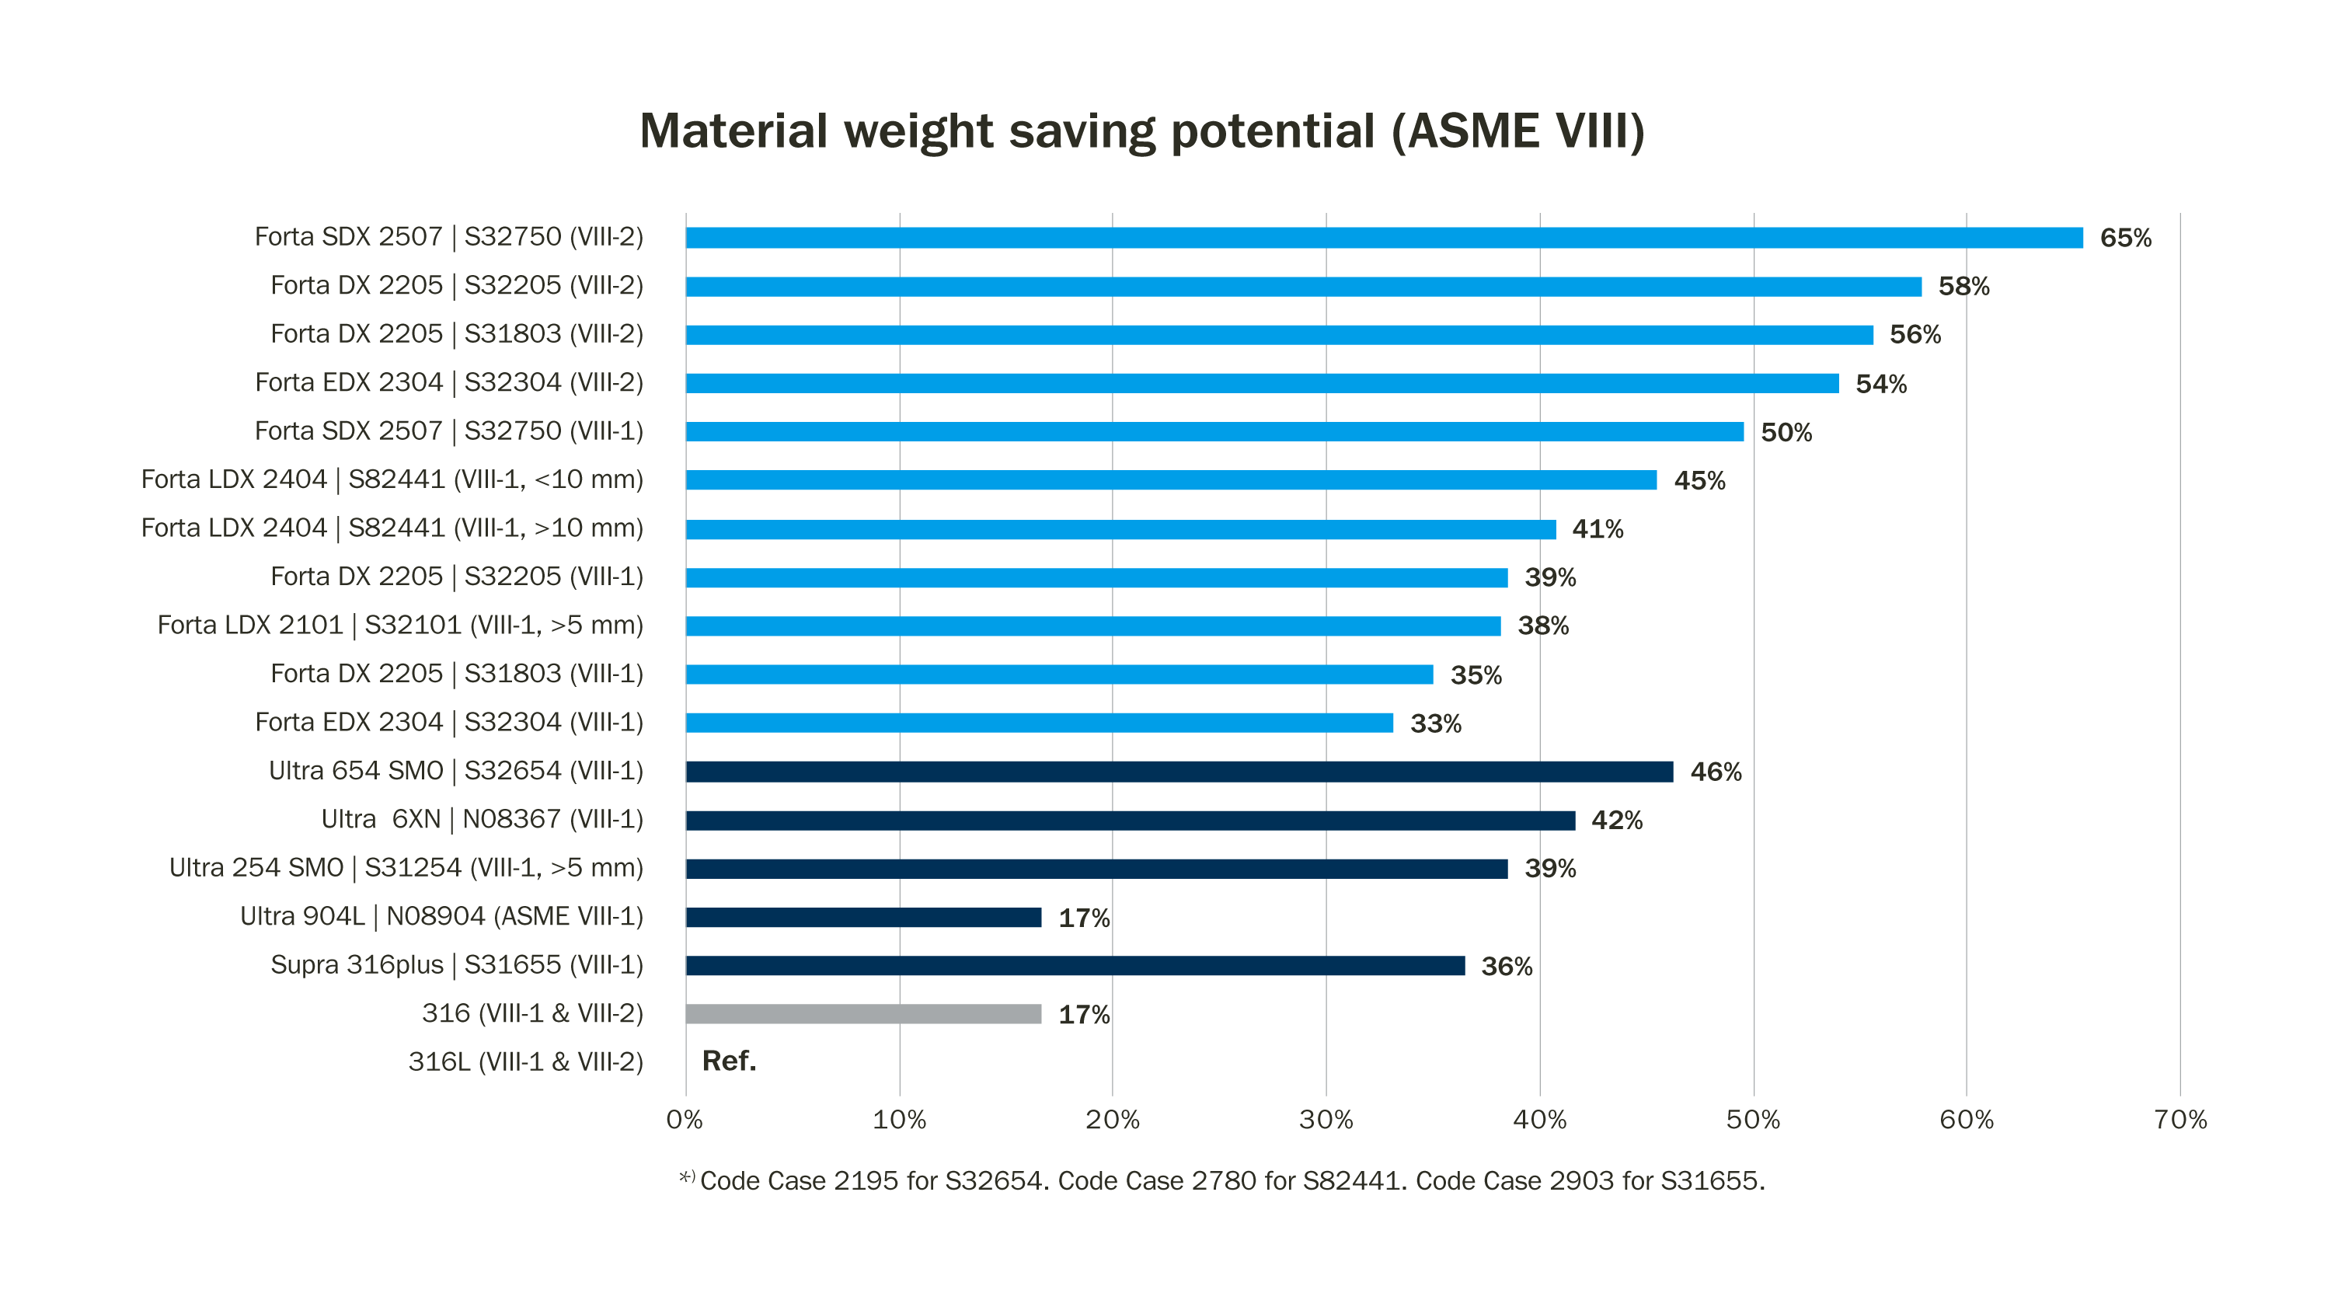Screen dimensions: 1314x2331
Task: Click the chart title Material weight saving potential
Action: click(1142, 131)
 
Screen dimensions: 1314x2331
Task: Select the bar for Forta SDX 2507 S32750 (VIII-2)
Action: click(1384, 238)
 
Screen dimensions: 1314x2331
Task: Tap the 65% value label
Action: click(2124, 238)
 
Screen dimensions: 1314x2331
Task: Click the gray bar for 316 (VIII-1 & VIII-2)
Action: click(863, 1013)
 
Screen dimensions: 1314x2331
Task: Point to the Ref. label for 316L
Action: click(729, 1061)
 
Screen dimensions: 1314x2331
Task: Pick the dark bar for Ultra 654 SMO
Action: click(1179, 771)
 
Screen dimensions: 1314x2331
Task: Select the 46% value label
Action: click(1715, 772)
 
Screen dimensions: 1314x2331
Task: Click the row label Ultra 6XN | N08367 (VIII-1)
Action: click(482, 819)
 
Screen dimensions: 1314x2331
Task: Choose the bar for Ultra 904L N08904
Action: click(863, 917)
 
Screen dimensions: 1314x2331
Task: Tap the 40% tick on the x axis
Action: click(1539, 1121)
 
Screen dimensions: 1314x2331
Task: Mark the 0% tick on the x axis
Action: click(685, 1121)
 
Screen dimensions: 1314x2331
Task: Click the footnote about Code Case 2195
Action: click(1221, 1181)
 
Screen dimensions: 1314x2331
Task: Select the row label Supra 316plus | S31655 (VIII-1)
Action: click(456, 964)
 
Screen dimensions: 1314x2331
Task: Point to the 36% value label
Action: click(1506, 967)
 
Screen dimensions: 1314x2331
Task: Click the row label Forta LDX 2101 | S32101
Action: click(400, 626)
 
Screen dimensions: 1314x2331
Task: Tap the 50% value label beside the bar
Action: click(1786, 433)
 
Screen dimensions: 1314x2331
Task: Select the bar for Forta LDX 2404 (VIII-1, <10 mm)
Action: click(1171, 480)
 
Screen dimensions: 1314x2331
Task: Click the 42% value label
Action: click(1616, 820)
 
